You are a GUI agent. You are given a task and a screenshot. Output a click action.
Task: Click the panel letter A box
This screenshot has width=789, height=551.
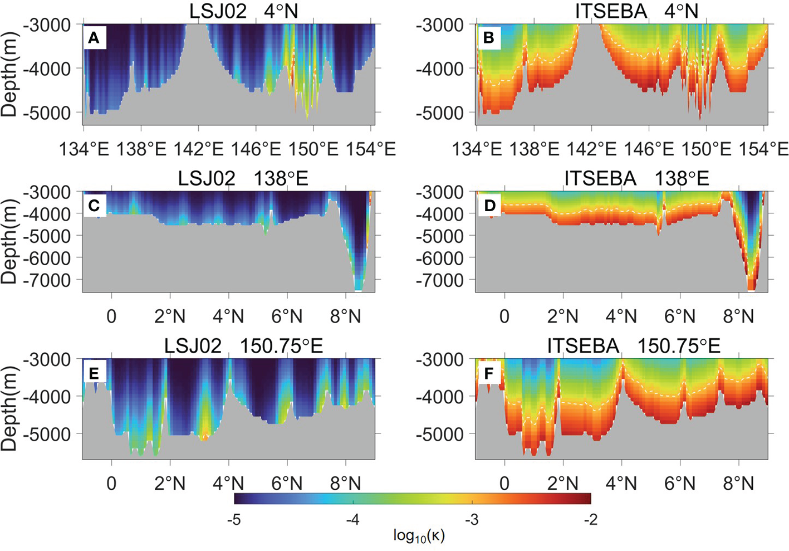(94, 38)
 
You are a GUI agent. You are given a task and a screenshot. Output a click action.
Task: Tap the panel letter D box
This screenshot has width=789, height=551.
(489, 206)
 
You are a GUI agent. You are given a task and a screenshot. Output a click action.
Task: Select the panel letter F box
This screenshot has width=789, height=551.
(489, 373)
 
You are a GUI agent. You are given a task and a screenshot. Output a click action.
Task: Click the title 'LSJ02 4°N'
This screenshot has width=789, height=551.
(243, 11)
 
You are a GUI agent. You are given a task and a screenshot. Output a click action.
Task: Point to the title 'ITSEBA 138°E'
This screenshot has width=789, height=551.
(636, 178)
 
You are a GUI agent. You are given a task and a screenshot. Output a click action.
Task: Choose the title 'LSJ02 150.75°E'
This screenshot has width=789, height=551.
(243, 345)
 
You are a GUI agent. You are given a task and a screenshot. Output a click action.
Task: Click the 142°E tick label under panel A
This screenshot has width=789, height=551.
(199, 149)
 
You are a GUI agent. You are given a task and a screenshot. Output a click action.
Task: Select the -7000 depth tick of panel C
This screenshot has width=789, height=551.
(47, 280)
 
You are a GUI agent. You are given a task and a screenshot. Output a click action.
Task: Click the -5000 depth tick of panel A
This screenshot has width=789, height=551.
(47, 113)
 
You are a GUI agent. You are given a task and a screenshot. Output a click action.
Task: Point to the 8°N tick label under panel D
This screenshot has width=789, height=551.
(738, 316)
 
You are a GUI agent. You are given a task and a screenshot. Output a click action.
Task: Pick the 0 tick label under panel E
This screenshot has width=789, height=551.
(111, 484)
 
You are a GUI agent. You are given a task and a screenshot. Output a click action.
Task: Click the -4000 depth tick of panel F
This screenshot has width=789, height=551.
(440, 397)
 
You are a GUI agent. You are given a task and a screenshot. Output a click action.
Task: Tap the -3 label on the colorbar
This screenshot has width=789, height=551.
(472, 519)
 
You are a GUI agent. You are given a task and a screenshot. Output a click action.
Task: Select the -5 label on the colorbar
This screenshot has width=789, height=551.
(234, 519)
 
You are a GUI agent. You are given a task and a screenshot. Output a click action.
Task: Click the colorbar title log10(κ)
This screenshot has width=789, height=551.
(419, 535)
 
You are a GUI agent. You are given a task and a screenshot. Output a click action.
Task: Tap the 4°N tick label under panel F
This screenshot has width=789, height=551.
(621, 484)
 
